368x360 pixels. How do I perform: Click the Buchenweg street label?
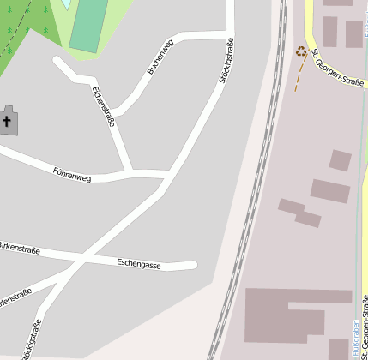pyautogui.click(x=160, y=57)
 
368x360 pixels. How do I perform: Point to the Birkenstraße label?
pyautogui.click(x=19, y=249)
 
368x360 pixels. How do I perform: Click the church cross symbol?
pyautogui.click(x=8, y=122)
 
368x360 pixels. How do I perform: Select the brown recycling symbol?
pyautogui.click(x=301, y=51)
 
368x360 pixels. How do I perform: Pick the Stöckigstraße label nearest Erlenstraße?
pyautogui.click(x=33, y=339)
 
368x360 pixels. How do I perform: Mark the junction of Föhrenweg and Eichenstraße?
pyautogui.click(x=131, y=174)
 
